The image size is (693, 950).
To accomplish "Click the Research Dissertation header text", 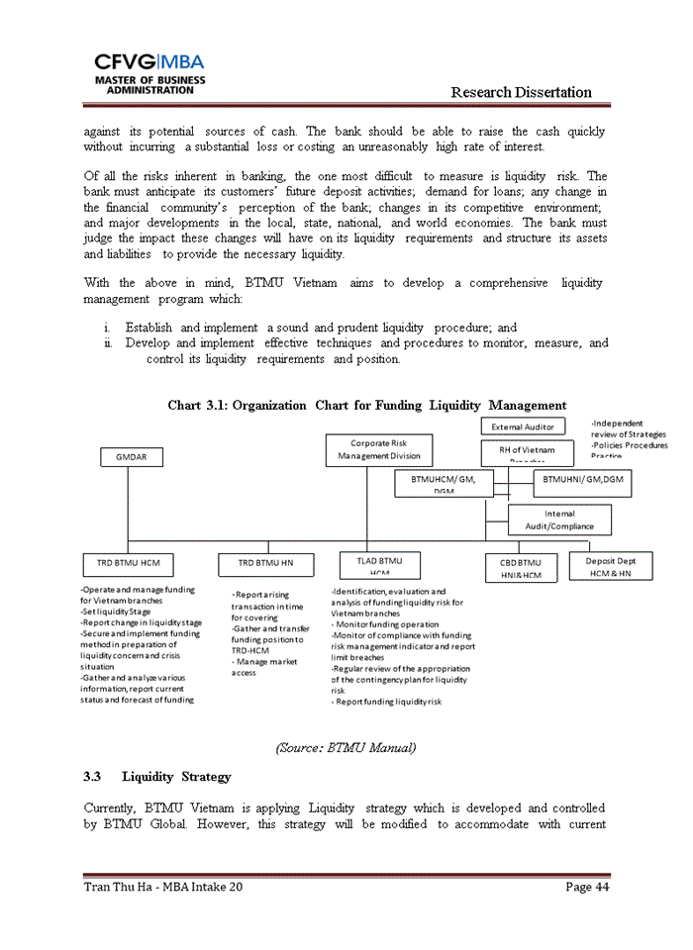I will tap(521, 92).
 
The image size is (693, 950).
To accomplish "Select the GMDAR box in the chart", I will tap(132, 456).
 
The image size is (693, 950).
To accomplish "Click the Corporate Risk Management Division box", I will tap(379, 450).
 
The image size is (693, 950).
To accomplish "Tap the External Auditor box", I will tap(524, 427).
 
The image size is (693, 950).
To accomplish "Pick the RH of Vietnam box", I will tap(528, 452).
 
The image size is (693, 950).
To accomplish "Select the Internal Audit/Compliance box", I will tap(559, 520).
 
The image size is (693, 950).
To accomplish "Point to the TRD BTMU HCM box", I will tap(128, 564).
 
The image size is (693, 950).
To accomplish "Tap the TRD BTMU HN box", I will tap(266, 564).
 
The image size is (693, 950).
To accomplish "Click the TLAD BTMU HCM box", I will tap(379, 564).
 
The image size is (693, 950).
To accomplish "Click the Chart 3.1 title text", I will tap(366, 405).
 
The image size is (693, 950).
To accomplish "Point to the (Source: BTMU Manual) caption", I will tap(346, 747).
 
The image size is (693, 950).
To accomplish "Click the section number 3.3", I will tap(93, 776).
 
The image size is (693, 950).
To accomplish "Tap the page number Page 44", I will tap(587, 887).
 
